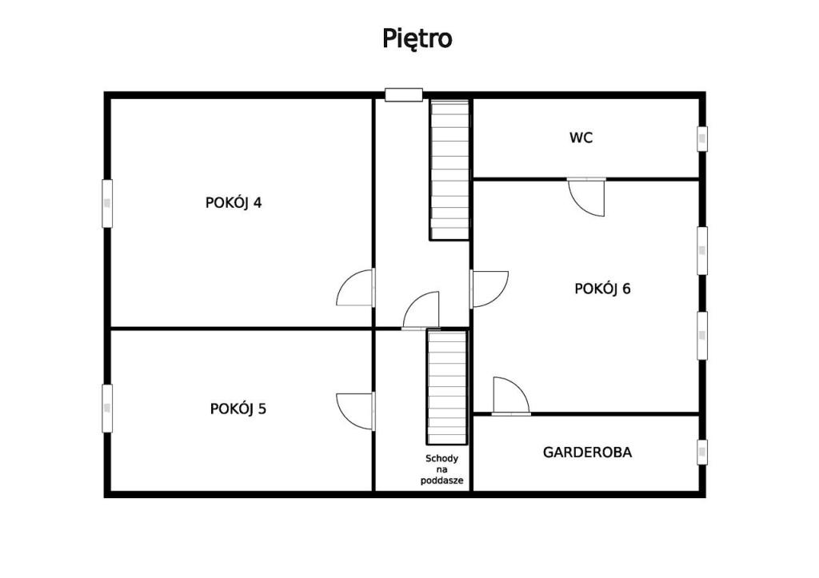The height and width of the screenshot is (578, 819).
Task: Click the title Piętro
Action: (417, 38)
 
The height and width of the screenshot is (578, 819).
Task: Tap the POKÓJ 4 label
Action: (234, 202)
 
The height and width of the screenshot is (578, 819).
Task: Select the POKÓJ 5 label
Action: (238, 409)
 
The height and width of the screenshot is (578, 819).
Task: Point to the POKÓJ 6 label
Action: (602, 289)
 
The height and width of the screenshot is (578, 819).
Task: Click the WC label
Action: (581, 138)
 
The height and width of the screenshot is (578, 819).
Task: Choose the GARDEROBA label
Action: (587, 452)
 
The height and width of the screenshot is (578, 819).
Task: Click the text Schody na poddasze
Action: (441, 469)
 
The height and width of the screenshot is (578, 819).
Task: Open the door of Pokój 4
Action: (356, 287)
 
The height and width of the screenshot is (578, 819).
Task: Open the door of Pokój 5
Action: (356, 412)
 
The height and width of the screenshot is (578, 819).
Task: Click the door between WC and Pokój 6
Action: (586, 197)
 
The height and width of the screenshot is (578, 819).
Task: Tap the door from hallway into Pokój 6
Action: (489, 289)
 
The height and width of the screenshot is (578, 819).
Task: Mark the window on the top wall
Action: (404, 94)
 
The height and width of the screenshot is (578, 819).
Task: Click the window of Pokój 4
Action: (107, 204)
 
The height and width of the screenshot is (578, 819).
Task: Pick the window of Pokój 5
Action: (107, 409)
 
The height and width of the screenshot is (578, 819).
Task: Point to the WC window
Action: (702, 139)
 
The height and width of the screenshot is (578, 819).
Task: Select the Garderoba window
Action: (702, 452)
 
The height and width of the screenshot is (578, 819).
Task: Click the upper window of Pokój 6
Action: (702, 250)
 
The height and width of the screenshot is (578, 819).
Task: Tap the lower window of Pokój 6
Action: (702, 336)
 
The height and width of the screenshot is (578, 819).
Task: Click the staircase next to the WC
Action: (449, 170)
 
